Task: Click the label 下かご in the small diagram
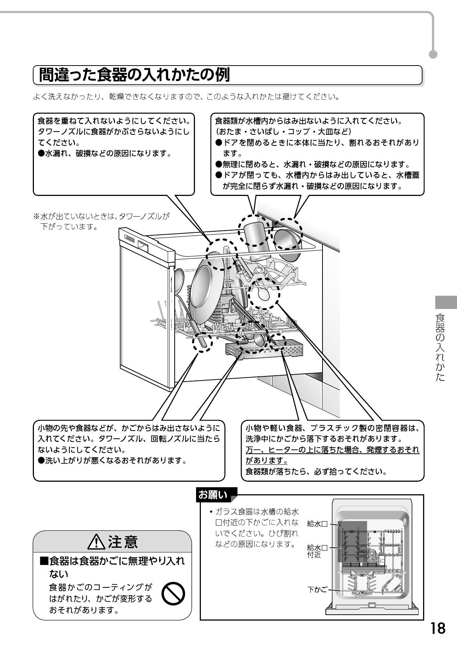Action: [x=317, y=589]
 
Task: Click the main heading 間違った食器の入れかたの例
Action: [x=135, y=75]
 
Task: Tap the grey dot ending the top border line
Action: [x=434, y=54]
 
